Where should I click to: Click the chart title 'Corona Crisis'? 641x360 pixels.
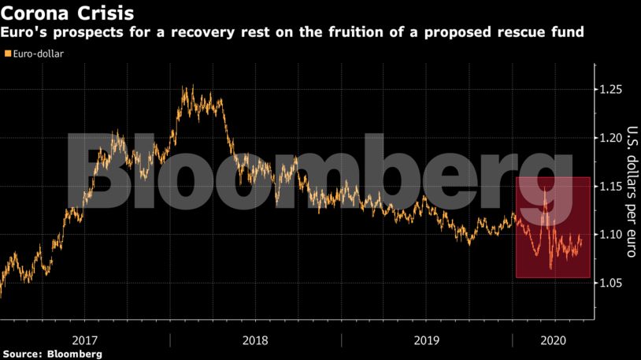point(66,13)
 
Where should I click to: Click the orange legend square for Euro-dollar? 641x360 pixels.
point(8,54)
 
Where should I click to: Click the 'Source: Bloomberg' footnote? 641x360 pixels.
point(52,354)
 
